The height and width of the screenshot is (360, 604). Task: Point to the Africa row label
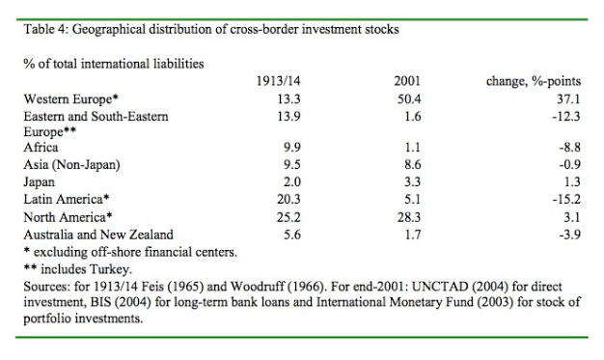41,148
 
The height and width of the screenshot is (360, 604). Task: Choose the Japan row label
40,180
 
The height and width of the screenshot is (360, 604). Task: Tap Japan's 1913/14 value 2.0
280,180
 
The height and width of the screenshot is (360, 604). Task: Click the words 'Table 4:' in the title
46,29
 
